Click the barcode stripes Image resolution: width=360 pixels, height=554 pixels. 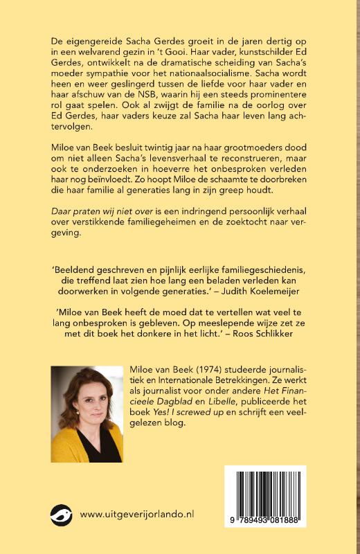264,491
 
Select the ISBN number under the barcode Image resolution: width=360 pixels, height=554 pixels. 265,519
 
